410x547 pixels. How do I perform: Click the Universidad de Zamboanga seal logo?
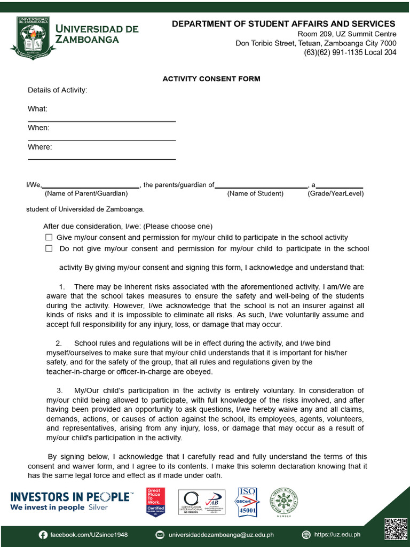[33, 37]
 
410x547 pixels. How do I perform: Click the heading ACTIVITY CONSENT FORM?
[211, 79]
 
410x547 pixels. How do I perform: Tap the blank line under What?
[101, 121]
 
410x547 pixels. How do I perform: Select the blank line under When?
[101, 140]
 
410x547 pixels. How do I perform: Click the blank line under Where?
[101, 159]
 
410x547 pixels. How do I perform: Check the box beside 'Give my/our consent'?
[49, 237]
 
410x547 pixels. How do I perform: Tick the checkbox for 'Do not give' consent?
[49, 248]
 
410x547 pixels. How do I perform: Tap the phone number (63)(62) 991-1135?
[350, 52]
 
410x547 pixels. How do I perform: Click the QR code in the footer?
[396, 528]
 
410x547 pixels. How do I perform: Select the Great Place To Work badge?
[156, 502]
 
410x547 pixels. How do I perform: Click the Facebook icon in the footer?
[43, 534]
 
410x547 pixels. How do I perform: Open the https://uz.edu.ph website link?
[337, 534]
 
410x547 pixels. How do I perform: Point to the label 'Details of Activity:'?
[57, 90]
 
